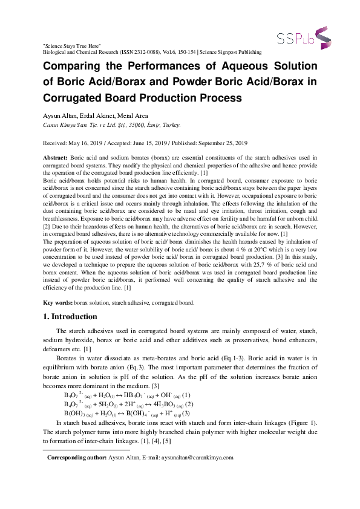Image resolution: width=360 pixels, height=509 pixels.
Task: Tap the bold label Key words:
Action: [x=58, y=302]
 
